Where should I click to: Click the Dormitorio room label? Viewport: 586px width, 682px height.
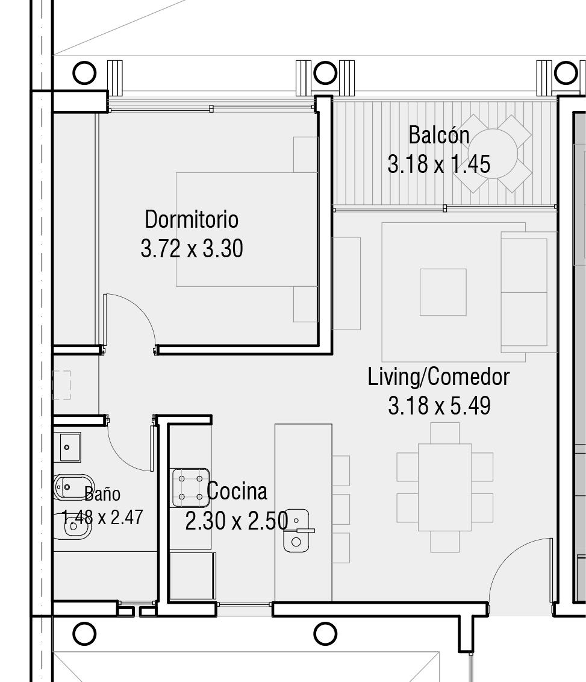(x=192, y=219)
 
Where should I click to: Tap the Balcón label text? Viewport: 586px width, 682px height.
(x=438, y=135)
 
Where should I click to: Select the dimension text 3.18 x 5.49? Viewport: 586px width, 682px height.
(x=439, y=405)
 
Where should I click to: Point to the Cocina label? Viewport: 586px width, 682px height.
(x=237, y=491)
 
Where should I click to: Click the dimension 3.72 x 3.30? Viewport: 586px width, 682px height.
(x=192, y=249)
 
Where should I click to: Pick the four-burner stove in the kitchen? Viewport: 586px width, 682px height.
(x=190, y=487)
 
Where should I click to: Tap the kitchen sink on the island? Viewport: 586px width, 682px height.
(x=296, y=531)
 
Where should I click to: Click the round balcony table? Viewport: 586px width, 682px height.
(x=493, y=153)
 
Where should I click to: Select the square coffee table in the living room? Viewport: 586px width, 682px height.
(x=443, y=292)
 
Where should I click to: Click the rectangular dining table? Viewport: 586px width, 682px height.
(x=444, y=487)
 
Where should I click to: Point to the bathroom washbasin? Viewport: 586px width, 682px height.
(x=70, y=447)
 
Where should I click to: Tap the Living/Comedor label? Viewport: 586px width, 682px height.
(x=438, y=377)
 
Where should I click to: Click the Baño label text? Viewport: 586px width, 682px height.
(x=102, y=493)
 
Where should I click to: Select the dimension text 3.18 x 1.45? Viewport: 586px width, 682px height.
(x=438, y=164)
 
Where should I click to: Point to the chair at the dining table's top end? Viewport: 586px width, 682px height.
(x=444, y=433)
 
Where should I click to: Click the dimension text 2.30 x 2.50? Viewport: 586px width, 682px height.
(x=237, y=521)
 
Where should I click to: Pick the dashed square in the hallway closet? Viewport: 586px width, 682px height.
(x=61, y=385)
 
